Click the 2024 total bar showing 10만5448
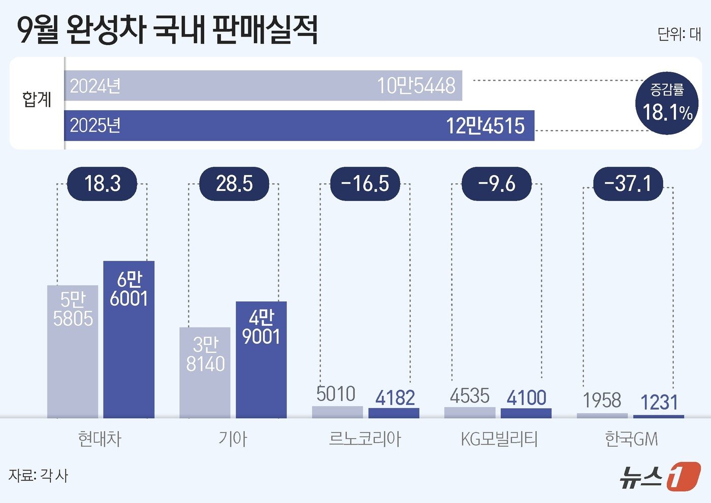tap(263, 86)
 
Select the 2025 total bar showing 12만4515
tap(299, 125)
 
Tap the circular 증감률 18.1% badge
tap(667, 103)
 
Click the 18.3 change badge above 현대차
tap(102, 183)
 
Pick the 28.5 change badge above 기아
tap(234, 183)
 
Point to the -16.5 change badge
tap(365, 183)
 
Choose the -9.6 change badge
tap(496, 183)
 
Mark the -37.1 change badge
tap(628, 183)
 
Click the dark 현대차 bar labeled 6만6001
tap(128, 339)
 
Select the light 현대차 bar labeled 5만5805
tap(73, 351)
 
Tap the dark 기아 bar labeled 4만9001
tap(261, 359)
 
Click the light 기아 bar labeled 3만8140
tap(205, 372)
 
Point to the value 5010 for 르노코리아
tap(336, 394)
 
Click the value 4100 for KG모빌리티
tap(526, 397)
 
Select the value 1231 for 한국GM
tap(659, 403)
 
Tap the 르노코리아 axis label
tap(365, 439)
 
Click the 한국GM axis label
tap(631, 439)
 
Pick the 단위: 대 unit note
tap(679, 34)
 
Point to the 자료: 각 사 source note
tap(39, 476)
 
